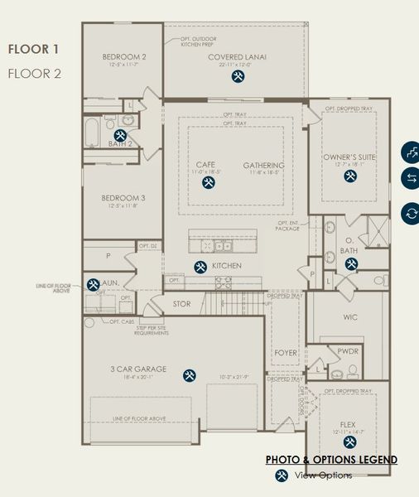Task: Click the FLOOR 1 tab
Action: (x=33, y=50)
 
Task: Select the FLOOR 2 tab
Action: (x=33, y=73)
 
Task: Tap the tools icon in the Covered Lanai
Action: (x=238, y=77)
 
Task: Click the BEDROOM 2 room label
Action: (x=124, y=57)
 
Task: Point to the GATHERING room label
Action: (x=264, y=166)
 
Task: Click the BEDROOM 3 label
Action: (x=123, y=199)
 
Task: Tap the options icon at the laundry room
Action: (x=93, y=284)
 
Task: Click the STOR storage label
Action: (x=181, y=304)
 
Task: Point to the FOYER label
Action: (x=285, y=352)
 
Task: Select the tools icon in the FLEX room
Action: (x=349, y=442)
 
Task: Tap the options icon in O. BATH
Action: (x=351, y=263)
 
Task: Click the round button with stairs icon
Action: (x=410, y=152)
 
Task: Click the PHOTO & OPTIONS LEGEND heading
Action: (x=331, y=460)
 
